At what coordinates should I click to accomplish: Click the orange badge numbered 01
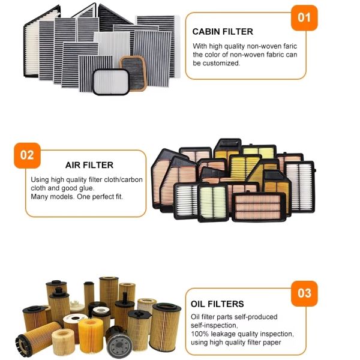coord(304,18)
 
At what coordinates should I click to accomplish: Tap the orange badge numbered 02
coord(28,155)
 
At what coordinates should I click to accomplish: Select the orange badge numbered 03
coord(304,293)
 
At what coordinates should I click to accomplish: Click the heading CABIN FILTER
coord(223,32)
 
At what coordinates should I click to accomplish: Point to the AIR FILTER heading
coord(89,165)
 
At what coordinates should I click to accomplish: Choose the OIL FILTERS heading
coord(217,304)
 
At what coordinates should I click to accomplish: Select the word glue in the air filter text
coord(87,188)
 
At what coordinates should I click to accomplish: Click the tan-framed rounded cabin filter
coord(133,73)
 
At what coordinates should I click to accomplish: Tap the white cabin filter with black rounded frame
coord(111,82)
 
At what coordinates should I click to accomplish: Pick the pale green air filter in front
coord(213,203)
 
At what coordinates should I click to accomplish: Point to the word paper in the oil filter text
coord(271,343)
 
